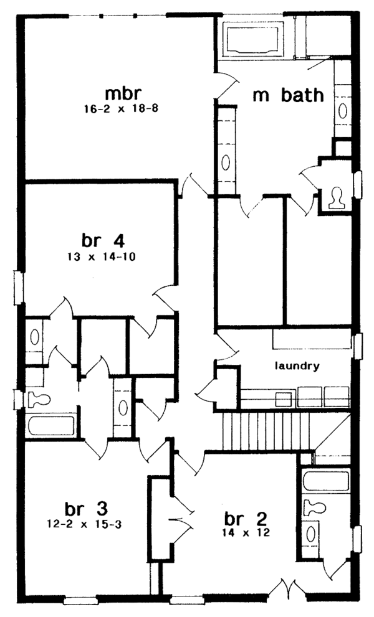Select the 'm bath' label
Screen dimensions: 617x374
pyautogui.click(x=288, y=95)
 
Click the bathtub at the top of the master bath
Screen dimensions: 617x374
pyautogui.click(x=256, y=39)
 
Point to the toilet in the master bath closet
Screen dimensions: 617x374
pyautogui.click(x=337, y=197)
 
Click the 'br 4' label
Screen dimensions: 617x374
pyautogui.click(x=100, y=240)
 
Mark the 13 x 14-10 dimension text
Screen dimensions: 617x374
pyautogui.click(x=100, y=256)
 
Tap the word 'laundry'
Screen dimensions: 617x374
pyautogui.click(x=298, y=366)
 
